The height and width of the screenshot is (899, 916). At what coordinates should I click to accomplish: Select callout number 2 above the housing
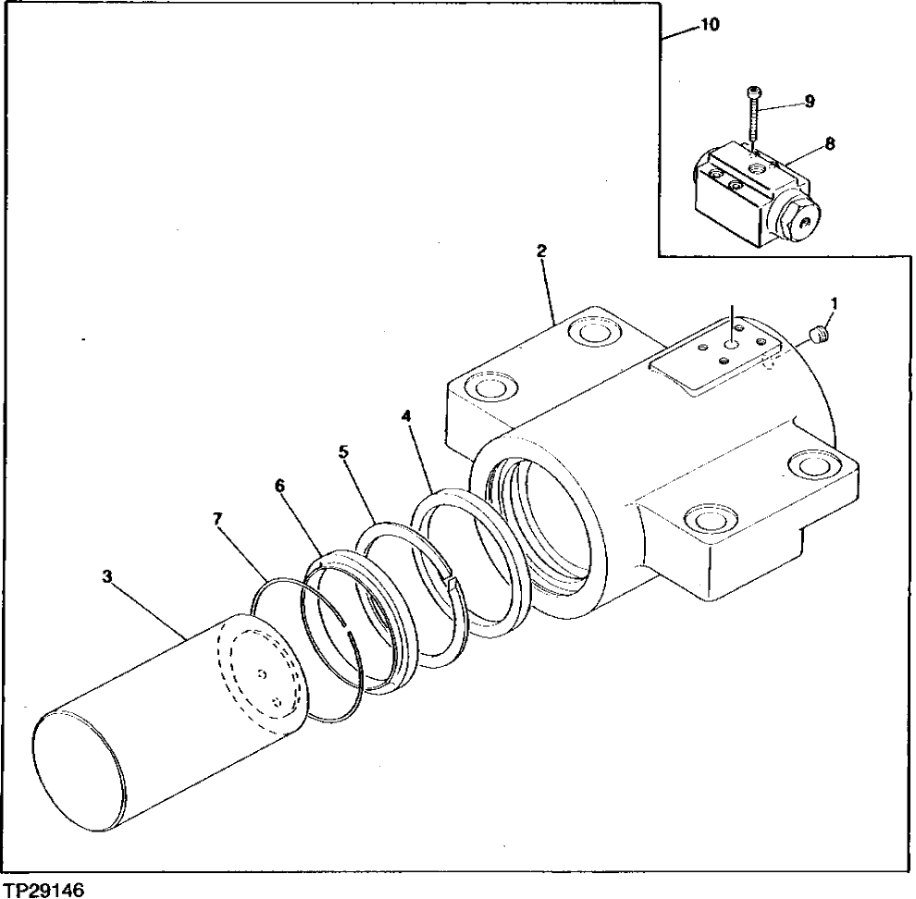tap(541, 251)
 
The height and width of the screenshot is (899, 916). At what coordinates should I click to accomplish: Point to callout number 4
tap(405, 416)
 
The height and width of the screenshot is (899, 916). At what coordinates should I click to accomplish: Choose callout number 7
tap(217, 520)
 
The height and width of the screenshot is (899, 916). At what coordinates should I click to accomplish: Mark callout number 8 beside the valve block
tap(830, 143)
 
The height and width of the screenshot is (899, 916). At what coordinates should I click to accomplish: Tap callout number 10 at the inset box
tap(710, 25)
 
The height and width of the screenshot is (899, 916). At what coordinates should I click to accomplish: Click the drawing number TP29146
tap(43, 890)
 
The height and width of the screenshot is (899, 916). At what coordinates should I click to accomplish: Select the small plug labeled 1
tap(817, 336)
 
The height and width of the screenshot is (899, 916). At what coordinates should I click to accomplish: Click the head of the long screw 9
tap(753, 92)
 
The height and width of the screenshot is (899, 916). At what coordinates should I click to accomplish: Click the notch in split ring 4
tap(451, 581)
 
